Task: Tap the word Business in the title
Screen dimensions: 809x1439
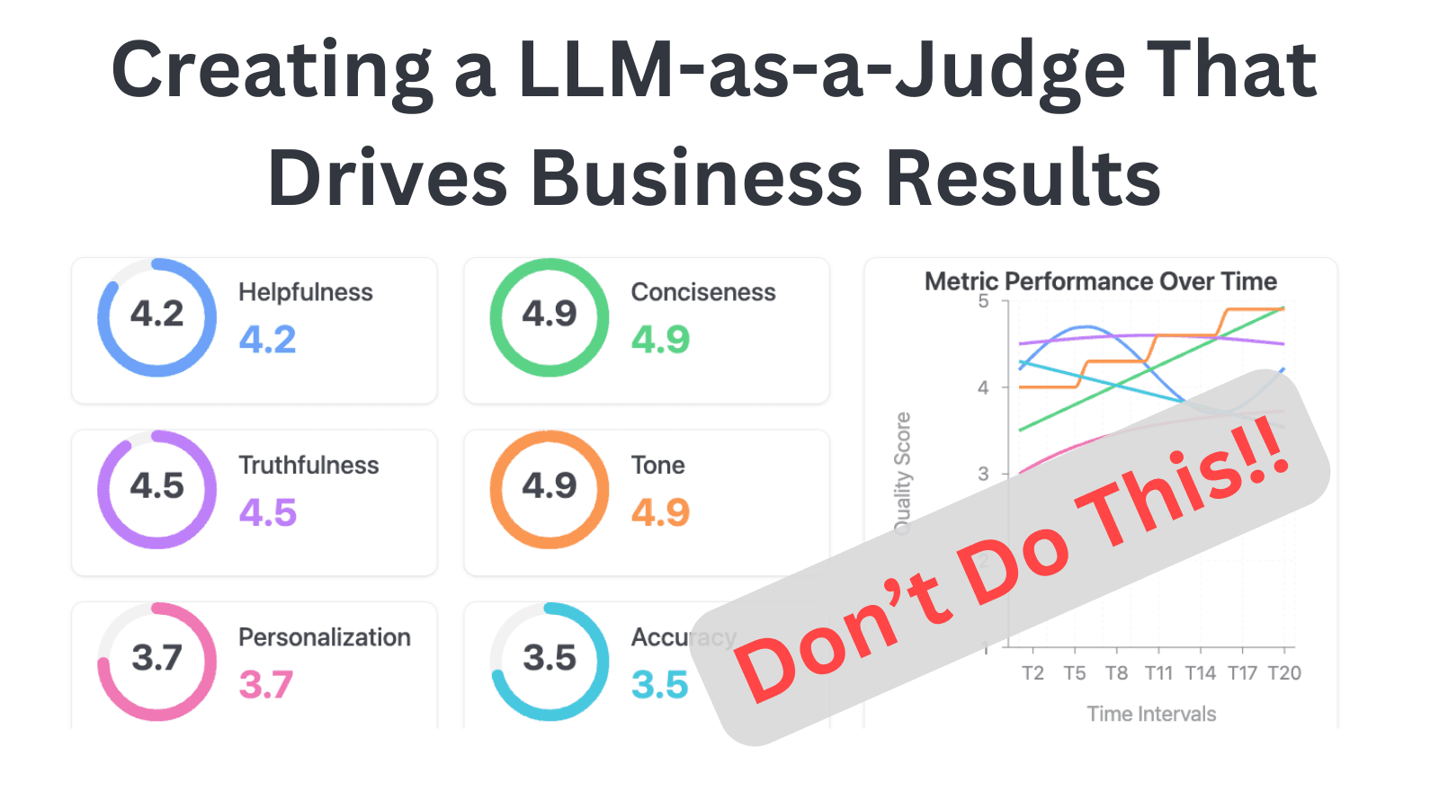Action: tap(702, 178)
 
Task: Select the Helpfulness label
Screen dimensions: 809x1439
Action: tap(305, 292)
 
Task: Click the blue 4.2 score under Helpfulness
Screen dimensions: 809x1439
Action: tap(267, 340)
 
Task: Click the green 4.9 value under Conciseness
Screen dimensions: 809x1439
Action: tap(660, 340)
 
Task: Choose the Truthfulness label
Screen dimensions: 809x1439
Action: tap(308, 465)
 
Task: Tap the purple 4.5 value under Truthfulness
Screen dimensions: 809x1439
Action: tap(267, 513)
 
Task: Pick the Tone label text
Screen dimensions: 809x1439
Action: tap(657, 465)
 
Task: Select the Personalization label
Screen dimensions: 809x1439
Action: tap(324, 637)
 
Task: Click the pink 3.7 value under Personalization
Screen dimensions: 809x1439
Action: tap(265, 685)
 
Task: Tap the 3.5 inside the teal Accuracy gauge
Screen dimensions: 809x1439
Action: tap(550, 658)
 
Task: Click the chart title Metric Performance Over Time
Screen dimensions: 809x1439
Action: tap(1100, 281)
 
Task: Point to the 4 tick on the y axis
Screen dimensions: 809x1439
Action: tap(983, 387)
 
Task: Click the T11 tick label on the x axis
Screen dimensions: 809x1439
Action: tap(1158, 673)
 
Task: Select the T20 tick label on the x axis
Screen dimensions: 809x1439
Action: tap(1284, 673)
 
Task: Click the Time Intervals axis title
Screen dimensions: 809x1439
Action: tap(1150, 714)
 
